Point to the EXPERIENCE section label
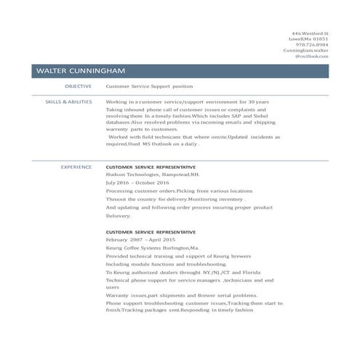(x=76, y=167)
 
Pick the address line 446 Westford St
(x=310, y=33)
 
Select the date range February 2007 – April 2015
(x=141, y=239)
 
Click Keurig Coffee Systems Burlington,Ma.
(x=147, y=247)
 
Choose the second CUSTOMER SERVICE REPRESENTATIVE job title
(x=151, y=231)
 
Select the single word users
(x=113, y=287)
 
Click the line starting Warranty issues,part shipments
(x=181, y=295)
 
